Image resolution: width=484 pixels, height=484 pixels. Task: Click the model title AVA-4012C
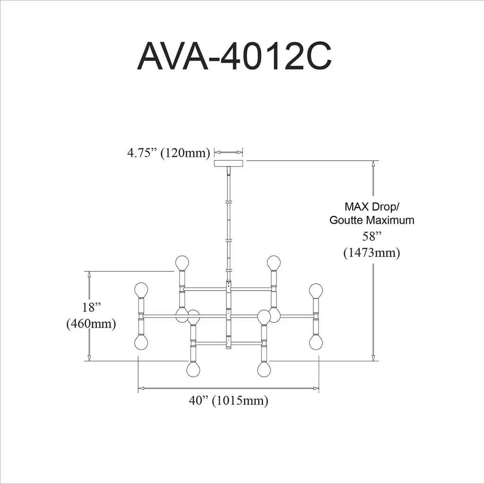234,56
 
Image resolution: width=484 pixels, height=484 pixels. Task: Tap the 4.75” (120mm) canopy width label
169,153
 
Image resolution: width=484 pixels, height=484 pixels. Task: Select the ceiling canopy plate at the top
228,164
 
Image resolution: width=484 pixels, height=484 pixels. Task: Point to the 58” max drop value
372,236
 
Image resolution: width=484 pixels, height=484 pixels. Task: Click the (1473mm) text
372,253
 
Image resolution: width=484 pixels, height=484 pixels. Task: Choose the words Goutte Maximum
372,220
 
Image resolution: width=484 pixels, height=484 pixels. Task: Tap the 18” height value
91,307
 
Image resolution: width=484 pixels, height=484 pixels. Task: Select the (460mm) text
91,324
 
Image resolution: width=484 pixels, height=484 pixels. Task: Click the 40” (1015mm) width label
228,401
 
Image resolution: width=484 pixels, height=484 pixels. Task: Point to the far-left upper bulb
141,290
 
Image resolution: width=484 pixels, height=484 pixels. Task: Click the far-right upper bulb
316,291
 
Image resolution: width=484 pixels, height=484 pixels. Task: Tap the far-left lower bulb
141,343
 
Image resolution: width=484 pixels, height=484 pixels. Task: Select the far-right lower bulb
316,343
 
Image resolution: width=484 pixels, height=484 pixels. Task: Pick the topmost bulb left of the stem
182,263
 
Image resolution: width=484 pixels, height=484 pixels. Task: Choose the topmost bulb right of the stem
274,263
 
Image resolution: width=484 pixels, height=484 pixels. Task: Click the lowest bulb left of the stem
193,370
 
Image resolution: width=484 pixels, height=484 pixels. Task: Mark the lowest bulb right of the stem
264,370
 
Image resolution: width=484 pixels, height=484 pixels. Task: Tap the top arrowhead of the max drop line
374,164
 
